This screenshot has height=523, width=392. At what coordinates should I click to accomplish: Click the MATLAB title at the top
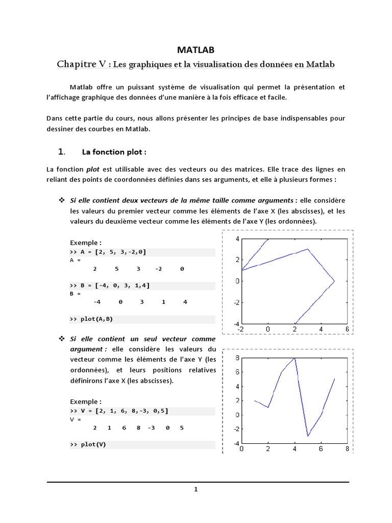[x=196, y=50]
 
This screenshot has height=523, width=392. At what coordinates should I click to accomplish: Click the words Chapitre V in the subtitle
[x=82, y=64]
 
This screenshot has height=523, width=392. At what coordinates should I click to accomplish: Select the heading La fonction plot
[x=114, y=152]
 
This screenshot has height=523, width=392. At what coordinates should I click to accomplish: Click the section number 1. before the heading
[x=62, y=152]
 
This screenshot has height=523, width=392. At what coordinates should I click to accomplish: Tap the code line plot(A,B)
[x=91, y=319]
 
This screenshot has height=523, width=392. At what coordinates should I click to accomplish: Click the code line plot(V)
[x=88, y=444]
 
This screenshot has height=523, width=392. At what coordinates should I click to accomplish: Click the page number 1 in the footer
[x=196, y=489]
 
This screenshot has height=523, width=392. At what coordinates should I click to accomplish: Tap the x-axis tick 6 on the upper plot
[x=347, y=329]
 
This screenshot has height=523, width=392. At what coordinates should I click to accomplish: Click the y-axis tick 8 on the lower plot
[x=237, y=359]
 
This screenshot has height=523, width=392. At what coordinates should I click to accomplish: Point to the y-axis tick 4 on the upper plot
[x=237, y=239]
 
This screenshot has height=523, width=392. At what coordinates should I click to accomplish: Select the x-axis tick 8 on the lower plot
[x=347, y=449]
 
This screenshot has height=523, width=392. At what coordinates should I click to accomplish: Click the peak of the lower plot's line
[x=295, y=359]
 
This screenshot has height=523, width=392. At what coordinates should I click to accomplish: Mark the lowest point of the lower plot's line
[x=308, y=436]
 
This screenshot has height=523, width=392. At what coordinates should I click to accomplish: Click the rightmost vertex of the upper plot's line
[x=334, y=281]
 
